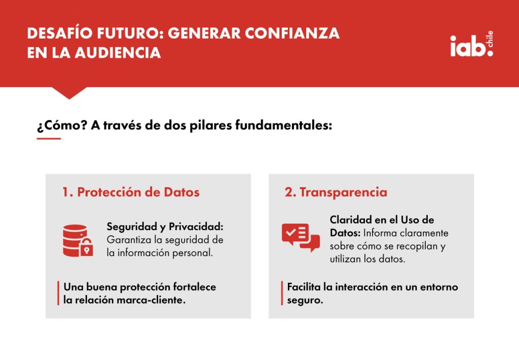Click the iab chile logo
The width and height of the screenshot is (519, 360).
[x=471, y=44]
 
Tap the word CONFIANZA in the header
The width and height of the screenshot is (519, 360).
[x=292, y=33]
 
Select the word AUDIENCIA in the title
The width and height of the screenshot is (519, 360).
[x=118, y=53]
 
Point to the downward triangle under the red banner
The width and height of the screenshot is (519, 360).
[x=69, y=92]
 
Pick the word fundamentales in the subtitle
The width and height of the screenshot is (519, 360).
[x=283, y=125]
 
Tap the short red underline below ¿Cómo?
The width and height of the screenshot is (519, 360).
[x=49, y=138]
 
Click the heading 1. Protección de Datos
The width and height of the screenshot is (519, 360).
[x=131, y=192]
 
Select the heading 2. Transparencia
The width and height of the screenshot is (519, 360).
[x=336, y=192]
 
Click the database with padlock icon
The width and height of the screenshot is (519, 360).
[x=78, y=241]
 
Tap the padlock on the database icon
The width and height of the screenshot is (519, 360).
[x=86, y=247]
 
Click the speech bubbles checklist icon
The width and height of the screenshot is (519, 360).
[x=301, y=237]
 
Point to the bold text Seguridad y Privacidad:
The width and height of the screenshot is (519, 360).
[x=165, y=227]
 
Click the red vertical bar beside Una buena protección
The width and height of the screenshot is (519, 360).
[x=58, y=293]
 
